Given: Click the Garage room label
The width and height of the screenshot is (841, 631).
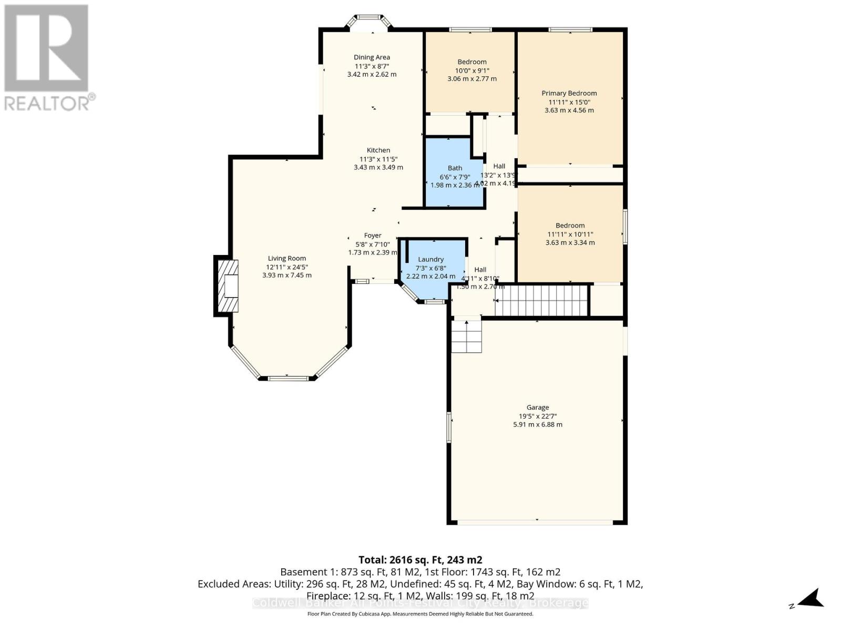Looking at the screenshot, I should pos(537,407).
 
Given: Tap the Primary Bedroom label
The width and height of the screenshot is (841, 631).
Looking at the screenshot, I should pos(569,93).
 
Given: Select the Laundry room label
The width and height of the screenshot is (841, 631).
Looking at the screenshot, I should pos(430,259).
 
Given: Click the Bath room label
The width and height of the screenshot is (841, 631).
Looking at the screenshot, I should pos(455,168).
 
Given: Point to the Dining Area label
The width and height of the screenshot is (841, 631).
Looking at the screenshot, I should pos(372,57).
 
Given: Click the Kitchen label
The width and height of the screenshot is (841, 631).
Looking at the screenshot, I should pos(378,150).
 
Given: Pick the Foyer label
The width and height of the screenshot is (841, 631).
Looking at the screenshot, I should pos(373,236).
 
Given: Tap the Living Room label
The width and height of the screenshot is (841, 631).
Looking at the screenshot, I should pos(286,258).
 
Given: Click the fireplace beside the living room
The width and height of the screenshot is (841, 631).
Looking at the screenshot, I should pos(227,286).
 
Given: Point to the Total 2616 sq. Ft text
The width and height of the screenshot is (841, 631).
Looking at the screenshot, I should pos(420,560).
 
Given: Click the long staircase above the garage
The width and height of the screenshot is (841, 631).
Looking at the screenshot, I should pos(541,300).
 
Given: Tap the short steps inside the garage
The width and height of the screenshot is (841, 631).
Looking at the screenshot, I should pos(466,336).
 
